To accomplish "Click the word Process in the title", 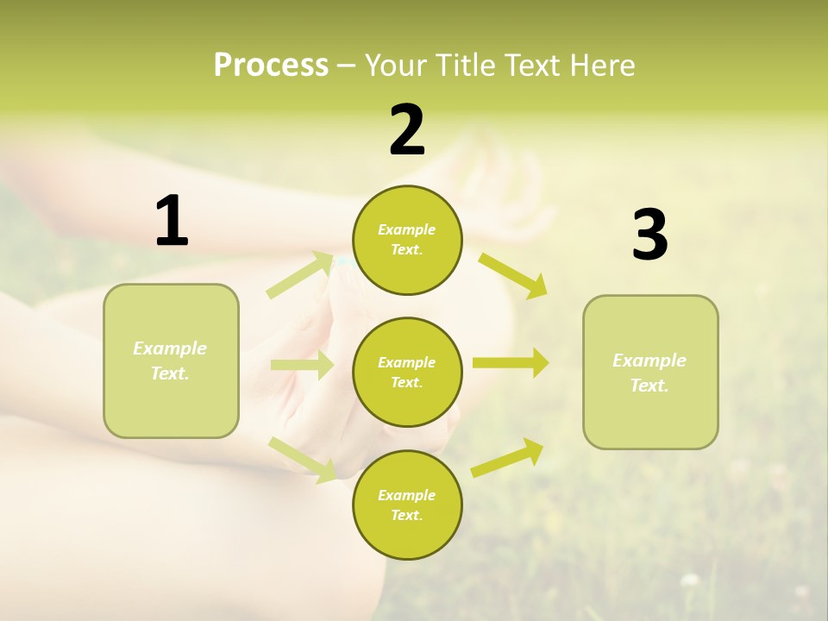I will pos(271,66).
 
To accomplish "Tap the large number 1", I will pos(172,222).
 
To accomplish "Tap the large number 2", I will pos(407,130).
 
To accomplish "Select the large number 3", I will pos(649,236).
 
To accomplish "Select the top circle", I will pos(407,240).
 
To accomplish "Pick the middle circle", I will pos(407,372).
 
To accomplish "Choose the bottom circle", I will pos(407,505).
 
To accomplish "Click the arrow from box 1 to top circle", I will pos(300,275).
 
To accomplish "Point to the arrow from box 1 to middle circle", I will pos(302,365).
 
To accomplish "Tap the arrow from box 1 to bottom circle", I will pos(303,459).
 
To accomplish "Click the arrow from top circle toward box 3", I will pos(513,275).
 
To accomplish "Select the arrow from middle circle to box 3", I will pos(510,362).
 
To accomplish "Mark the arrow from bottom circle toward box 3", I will pos(508,458).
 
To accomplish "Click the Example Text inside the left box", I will pos(170,361).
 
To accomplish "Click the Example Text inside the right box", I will pos(649,373).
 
